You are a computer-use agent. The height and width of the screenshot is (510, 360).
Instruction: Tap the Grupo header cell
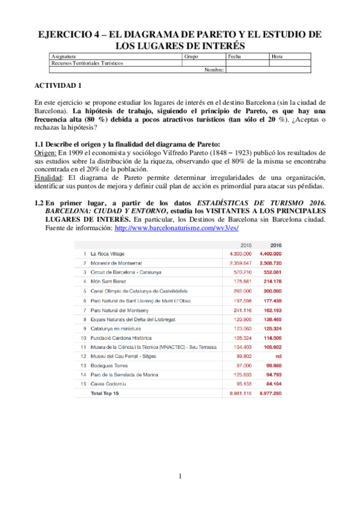[x=191, y=57]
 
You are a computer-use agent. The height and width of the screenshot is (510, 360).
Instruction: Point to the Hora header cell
[x=277, y=57]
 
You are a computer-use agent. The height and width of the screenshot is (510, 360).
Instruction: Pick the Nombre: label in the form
[x=214, y=69]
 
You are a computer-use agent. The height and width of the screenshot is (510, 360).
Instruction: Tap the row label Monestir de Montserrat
[x=114, y=263]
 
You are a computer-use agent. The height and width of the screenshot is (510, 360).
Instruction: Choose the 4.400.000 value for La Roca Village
[x=270, y=254]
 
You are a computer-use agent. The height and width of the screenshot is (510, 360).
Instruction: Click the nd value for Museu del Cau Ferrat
[x=278, y=356]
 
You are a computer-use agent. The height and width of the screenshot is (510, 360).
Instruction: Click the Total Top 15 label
[x=104, y=393]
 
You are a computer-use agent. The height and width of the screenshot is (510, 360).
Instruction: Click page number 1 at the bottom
[x=180, y=477]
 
